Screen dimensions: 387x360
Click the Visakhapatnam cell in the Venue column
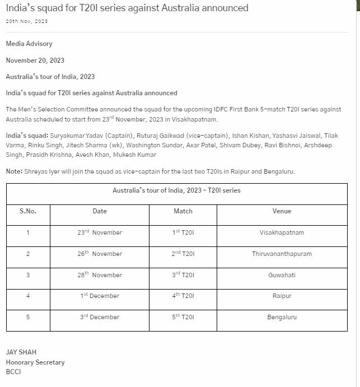[282, 232]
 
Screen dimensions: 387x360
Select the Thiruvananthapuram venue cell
[282, 254]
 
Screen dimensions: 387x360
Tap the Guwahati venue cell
[282, 275]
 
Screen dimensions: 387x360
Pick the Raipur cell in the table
[282, 296]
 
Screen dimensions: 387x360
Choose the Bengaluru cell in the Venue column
[282, 317]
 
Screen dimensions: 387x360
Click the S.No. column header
[28, 211]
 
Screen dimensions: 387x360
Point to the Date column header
[100, 211]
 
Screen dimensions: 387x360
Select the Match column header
[183, 211]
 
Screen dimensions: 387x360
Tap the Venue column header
[282, 211]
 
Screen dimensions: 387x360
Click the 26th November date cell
[100, 254]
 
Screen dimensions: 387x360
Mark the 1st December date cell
[100, 296]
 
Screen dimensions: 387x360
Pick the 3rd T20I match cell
[183, 275]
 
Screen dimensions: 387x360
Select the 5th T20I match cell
[183, 317]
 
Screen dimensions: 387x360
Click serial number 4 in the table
[28, 296]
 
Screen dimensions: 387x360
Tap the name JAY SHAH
[21, 352]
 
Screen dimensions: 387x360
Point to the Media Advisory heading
[29, 44]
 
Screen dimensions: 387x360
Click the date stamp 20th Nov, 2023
[27, 21]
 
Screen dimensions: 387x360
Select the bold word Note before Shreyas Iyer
[14, 171]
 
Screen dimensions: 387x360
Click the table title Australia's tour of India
[176, 190]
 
